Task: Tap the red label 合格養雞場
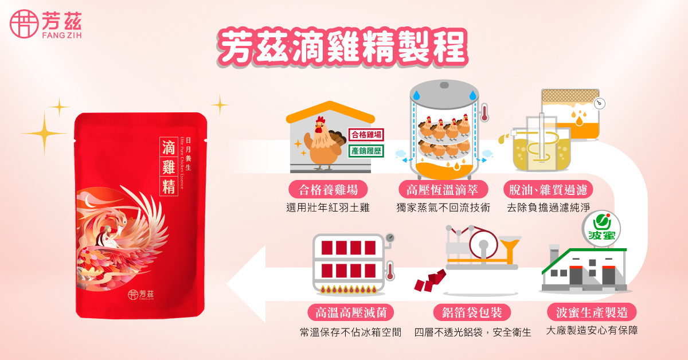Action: (x=327, y=190)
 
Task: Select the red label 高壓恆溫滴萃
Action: (x=443, y=190)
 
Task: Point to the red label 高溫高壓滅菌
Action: (x=351, y=312)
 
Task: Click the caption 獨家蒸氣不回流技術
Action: (x=443, y=208)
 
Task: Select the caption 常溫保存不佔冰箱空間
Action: (x=350, y=331)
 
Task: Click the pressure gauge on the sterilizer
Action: (x=390, y=237)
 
